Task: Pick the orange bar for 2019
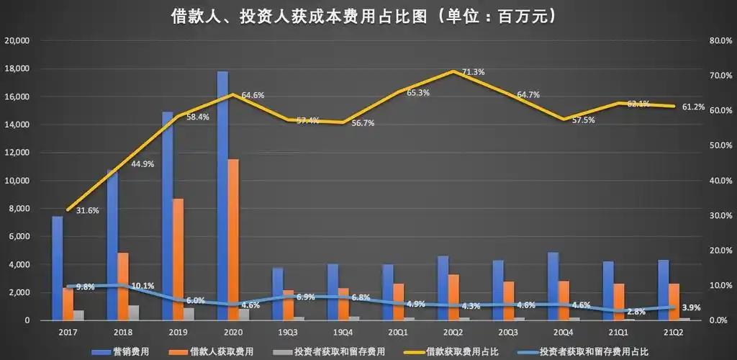click(178, 259)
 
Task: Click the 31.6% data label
click(87, 210)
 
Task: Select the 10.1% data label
click(143, 286)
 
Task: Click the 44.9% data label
click(143, 164)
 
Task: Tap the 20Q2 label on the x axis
click(453, 332)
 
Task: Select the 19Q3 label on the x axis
click(287, 332)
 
